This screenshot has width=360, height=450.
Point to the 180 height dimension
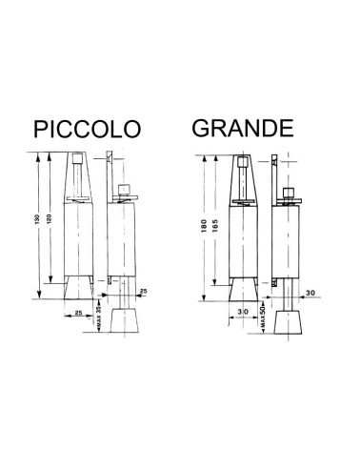click(203, 226)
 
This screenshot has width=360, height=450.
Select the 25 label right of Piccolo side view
click(143, 290)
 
